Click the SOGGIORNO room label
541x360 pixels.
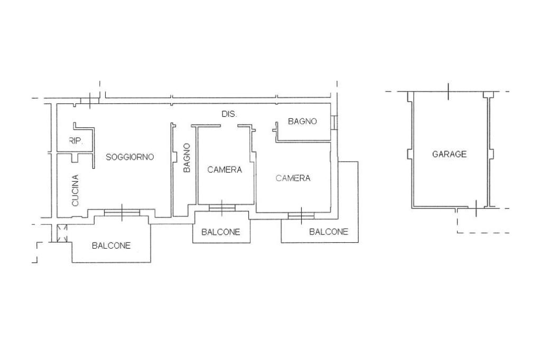pos(129,157)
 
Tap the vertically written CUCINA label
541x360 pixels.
pos(75,191)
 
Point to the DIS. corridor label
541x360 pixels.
pos(229,114)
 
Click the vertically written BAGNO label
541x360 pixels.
pos(186,158)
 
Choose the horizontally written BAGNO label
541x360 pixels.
pos(302,121)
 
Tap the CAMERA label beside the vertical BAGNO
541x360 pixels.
pos(225,169)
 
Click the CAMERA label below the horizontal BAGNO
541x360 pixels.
pos(293,178)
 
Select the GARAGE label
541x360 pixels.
pos(449,154)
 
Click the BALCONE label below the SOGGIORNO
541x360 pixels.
pos(111,245)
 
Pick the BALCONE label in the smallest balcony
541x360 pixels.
pos(221,232)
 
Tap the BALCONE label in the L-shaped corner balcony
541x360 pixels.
pos(329,231)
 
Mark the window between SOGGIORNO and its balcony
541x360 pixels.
pos(122,212)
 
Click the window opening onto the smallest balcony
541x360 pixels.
pos(222,208)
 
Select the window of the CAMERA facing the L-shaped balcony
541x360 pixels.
pos(301,215)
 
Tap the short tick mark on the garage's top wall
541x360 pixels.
pos(448,91)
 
